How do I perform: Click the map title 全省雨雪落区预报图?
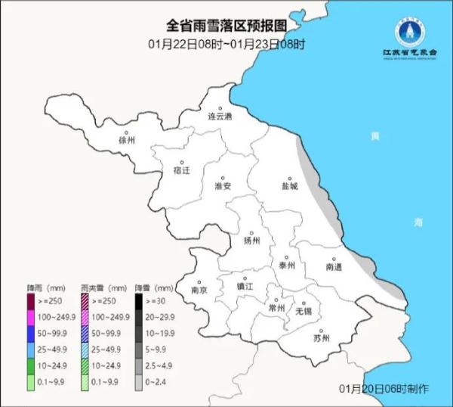click(226, 24)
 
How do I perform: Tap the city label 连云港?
click(220, 117)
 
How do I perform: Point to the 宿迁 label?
click(182, 170)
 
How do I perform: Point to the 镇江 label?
click(245, 286)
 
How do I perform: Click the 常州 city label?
click(277, 308)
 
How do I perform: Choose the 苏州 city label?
click(321, 337)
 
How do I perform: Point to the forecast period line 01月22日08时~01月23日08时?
click(226, 44)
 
